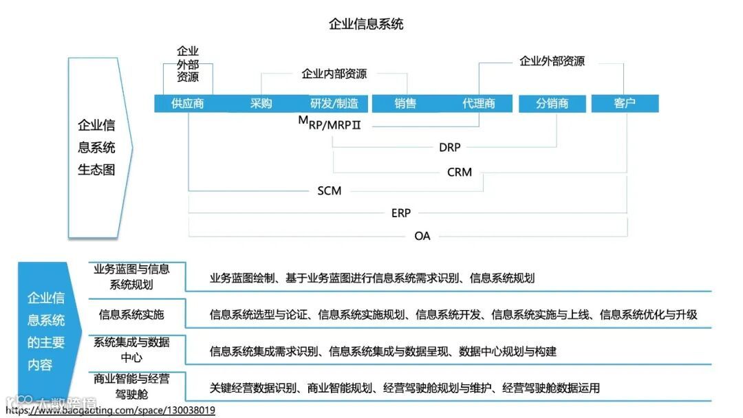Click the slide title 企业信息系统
click(366, 25)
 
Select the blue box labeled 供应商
click(188, 104)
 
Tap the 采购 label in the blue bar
click(261, 104)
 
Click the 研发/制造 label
click(334, 104)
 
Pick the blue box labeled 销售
click(405, 104)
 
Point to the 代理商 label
click(478, 104)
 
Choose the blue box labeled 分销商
click(552, 104)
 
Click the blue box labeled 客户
click(625, 104)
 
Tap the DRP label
click(449, 146)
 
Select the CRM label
click(460, 172)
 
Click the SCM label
click(330, 190)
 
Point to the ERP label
click(401, 213)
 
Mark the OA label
click(422, 236)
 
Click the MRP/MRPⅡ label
click(330, 124)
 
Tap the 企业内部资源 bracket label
click(334, 74)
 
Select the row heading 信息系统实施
click(131, 315)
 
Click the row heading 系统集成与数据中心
click(131, 350)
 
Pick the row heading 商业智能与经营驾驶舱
click(131, 386)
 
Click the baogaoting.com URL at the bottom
click(110, 410)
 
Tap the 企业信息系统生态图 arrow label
click(96, 147)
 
